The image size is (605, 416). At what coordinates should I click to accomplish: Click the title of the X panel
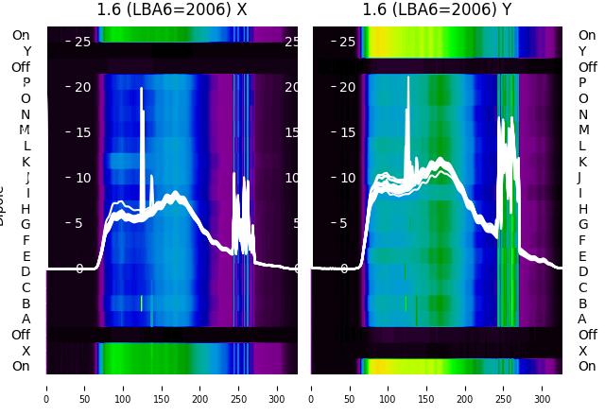[x=172, y=10]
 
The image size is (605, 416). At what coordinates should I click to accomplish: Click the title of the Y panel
[x=437, y=10]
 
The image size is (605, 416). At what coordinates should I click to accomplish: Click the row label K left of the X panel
[x=26, y=162]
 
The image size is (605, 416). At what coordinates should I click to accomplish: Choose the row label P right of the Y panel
[x=582, y=83]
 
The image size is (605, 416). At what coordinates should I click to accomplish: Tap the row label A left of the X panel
[x=26, y=319]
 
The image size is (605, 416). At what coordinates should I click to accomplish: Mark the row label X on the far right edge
[x=582, y=351]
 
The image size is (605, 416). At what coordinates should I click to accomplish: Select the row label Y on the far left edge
[x=26, y=51]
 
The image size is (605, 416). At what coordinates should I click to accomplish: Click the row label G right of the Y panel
[x=582, y=224]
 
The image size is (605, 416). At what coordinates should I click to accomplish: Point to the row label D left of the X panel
[x=26, y=271]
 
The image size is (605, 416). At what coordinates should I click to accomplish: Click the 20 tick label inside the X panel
[x=82, y=87]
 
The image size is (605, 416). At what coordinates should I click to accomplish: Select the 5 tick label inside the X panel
[x=78, y=223]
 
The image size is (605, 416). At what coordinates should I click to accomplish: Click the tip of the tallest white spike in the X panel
[x=142, y=88]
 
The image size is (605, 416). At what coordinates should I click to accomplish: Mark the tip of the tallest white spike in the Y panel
[x=407, y=77]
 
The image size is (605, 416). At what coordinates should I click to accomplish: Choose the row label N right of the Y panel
[x=582, y=114]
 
